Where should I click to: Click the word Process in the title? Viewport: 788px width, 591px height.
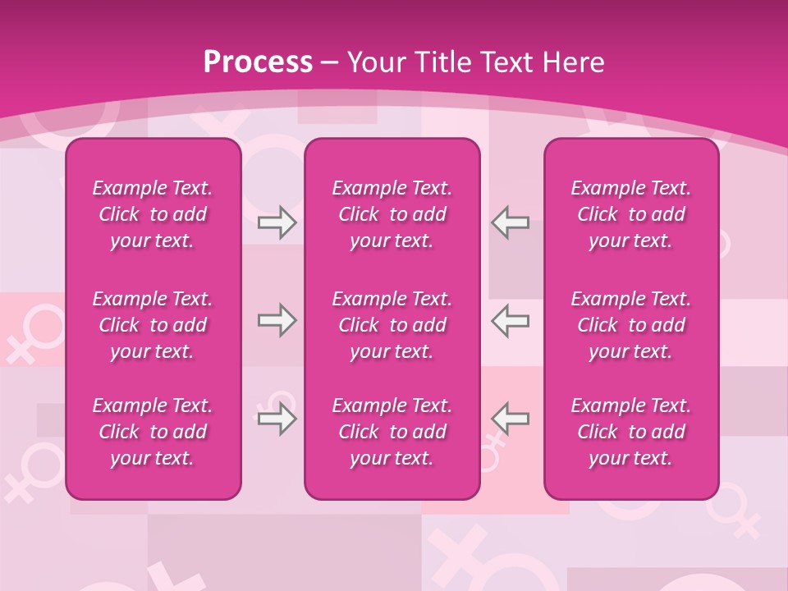pyautogui.click(x=258, y=62)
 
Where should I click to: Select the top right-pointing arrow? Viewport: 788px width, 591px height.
pyautogui.click(x=277, y=222)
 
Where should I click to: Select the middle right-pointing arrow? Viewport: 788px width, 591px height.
pyautogui.click(x=277, y=320)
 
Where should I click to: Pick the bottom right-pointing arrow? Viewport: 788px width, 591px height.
pyautogui.click(x=277, y=419)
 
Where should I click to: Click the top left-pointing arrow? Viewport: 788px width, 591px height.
pyautogui.click(x=511, y=222)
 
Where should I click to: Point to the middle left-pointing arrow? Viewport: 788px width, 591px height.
pyautogui.click(x=511, y=320)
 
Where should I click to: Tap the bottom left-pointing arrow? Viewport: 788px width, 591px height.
pyautogui.click(x=511, y=419)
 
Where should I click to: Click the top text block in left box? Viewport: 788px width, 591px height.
pyautogui.click(x=153, y=214)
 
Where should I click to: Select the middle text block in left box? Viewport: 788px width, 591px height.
pyautogui.click(x=153, y=325)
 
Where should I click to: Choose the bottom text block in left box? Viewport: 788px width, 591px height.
pyautogui.click(x=153, y=432)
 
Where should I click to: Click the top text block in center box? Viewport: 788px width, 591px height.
pyautogui.click(x=392, y=214)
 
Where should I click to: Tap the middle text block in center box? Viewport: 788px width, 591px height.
pyautogui.click(x=392, y=325)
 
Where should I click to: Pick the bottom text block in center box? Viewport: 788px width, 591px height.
pyautogui.click(x=392, y=432)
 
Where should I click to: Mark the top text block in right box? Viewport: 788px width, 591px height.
pyautogui.click(x=630, y=214)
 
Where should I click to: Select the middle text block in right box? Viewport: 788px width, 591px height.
pyautogui.click(x=630, y=325)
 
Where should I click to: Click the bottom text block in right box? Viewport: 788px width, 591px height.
pyautogui.click(x=630, y=432)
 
